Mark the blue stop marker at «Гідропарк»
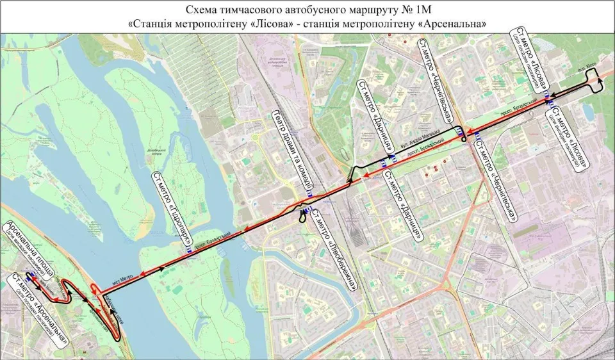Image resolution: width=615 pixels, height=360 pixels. tap(188, 251)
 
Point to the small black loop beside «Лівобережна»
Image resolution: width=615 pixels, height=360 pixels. tap(301, 217)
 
